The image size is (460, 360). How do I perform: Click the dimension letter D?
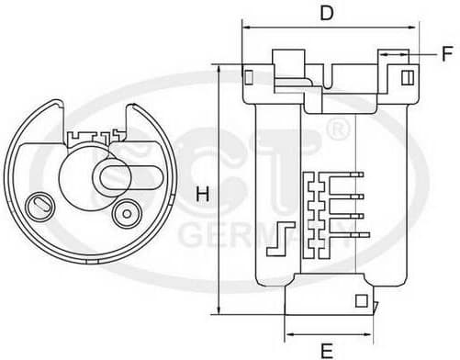(327, 13)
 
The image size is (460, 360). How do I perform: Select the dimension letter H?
(203, 194)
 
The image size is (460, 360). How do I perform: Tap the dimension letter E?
(327, 351)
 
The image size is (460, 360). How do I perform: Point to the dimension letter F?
(447, 53)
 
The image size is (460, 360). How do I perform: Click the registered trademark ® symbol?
(338, 129)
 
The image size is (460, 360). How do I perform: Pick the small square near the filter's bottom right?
(361, 301)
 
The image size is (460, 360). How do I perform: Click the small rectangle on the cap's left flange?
(249, 76)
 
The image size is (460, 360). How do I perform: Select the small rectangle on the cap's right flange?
(408, 77)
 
